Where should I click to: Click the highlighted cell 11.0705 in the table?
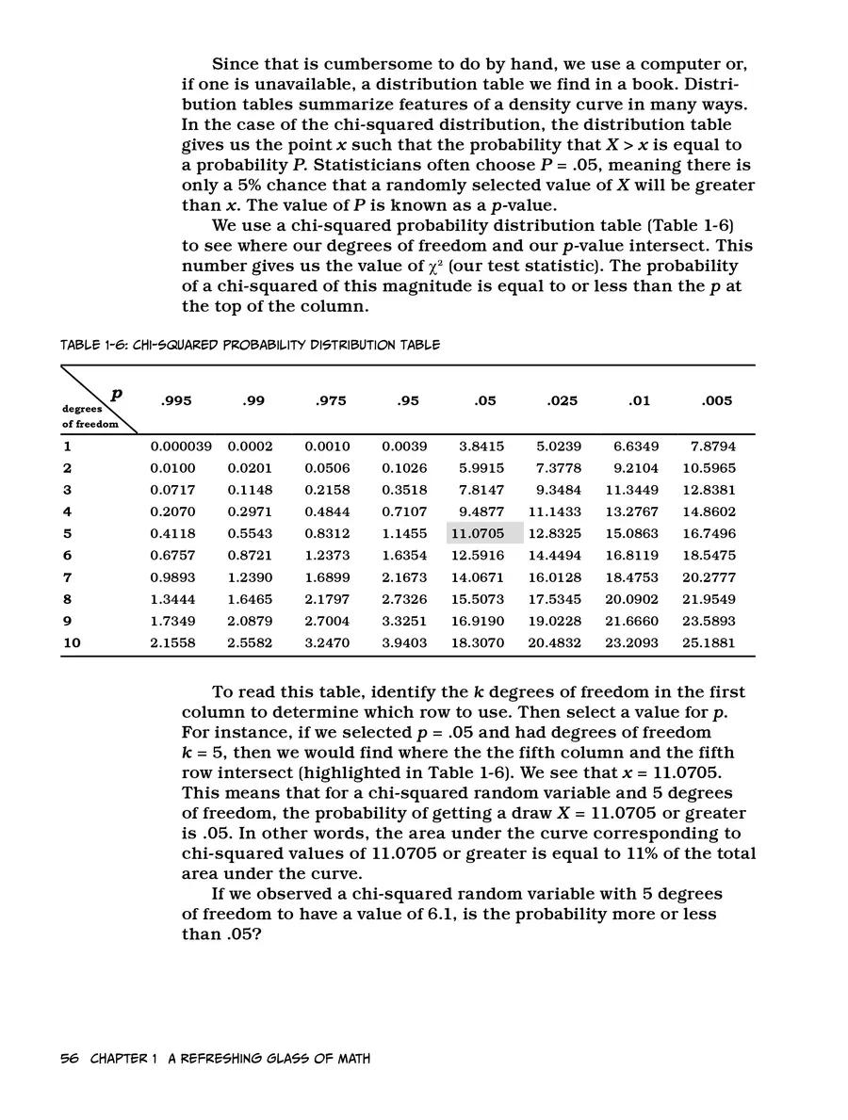[484, 534]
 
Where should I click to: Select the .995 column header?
[176, 401]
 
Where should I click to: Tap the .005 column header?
[717, 401]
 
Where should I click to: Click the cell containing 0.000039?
[181, 446]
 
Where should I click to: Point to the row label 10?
[72, 643]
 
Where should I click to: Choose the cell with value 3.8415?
[481, 446]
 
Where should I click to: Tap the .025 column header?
[563, 401]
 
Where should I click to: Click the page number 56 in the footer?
[69, 1059]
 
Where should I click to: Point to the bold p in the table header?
[116, 396]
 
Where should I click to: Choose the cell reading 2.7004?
[327, 622]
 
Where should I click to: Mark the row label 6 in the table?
[68, 556]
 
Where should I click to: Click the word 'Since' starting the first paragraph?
[236, 64]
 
